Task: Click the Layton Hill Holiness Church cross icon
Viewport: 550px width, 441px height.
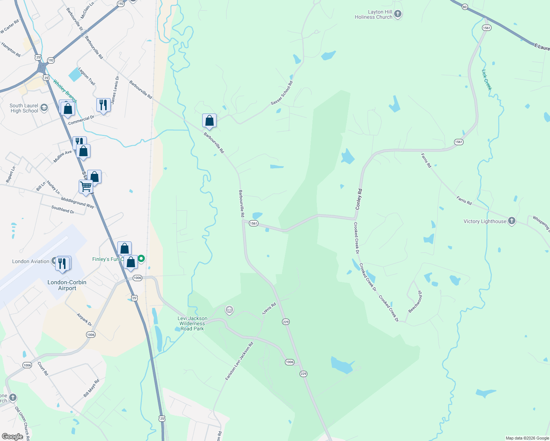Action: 397,14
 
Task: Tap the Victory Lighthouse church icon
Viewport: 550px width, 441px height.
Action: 511,221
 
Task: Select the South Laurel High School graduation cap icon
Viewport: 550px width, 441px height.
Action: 44,108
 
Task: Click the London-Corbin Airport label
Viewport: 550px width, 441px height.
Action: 67,285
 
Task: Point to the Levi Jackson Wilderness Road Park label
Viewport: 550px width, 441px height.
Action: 192,323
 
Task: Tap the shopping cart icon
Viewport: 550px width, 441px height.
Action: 86,186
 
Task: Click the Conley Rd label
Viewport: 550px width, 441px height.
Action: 359,199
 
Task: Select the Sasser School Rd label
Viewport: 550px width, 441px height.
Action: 282,93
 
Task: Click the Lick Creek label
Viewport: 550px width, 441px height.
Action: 487,80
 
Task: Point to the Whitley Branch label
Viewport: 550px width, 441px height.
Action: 65,91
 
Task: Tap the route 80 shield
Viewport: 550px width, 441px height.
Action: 465,7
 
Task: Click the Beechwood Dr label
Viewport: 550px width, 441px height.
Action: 415,302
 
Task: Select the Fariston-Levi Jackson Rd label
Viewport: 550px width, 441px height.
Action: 239,361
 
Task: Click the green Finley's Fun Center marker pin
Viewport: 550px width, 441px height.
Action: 141,259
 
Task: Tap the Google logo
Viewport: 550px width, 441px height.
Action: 12,437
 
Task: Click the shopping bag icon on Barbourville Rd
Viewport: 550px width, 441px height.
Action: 209,121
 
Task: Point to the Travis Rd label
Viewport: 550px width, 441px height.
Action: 269,308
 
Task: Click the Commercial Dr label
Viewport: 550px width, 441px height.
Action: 81,120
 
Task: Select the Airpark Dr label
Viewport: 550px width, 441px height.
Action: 84,320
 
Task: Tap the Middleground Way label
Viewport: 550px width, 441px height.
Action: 78,202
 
